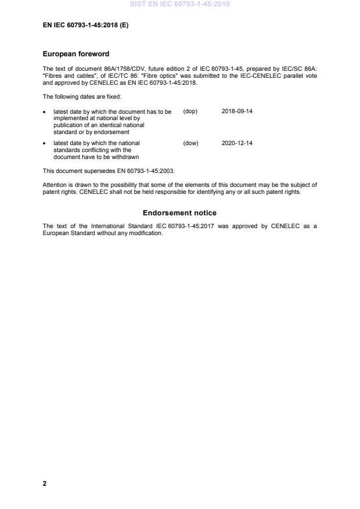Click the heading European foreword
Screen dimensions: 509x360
76,54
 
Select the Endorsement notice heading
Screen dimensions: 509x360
179,213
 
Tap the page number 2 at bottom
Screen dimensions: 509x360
45,483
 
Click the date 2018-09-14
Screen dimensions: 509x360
237,111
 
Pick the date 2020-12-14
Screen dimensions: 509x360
237,143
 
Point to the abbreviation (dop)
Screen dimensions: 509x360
190,111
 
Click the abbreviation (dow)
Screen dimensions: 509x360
190,143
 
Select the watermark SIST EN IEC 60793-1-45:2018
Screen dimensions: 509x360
179,4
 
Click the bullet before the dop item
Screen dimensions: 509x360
45,112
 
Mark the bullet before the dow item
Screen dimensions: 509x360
45,143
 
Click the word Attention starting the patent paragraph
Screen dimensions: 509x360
55,185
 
